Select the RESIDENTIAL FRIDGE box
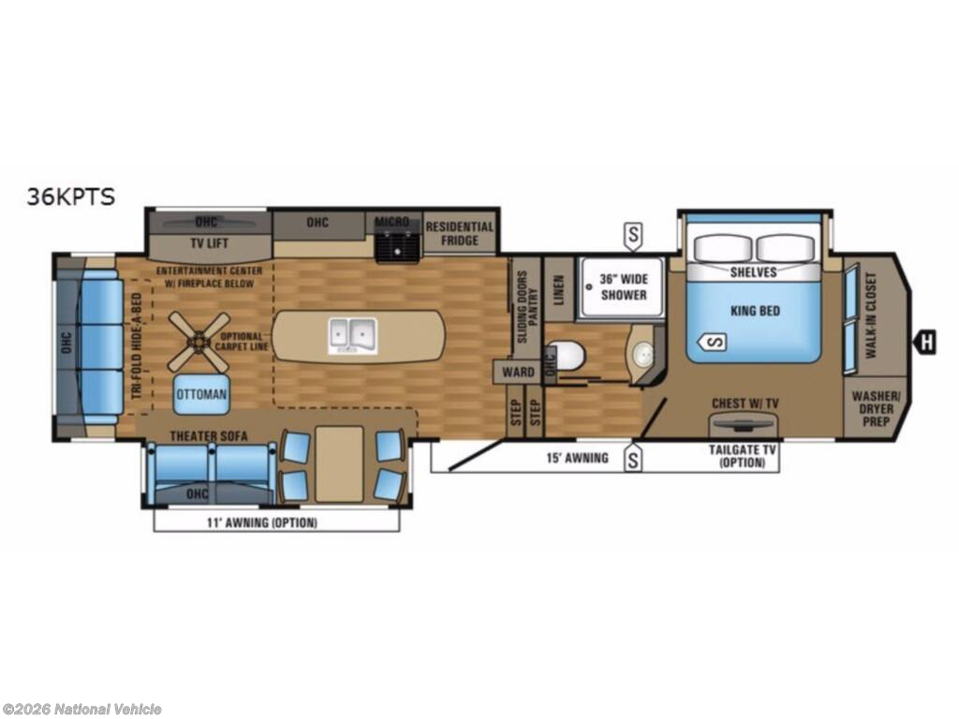[x=459, y=233]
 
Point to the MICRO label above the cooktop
[x=392, y=222]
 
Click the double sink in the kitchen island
[x=352, y=334]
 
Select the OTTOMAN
[x=201, y=395]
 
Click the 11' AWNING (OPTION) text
[x=275, y=522]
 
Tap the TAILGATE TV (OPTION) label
[x=742, y=456]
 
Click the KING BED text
[x=755, y=311]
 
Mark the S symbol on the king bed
[x=715, y=343]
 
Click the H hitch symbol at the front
[x=926, y=343]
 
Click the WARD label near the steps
[x=518, y=372]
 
